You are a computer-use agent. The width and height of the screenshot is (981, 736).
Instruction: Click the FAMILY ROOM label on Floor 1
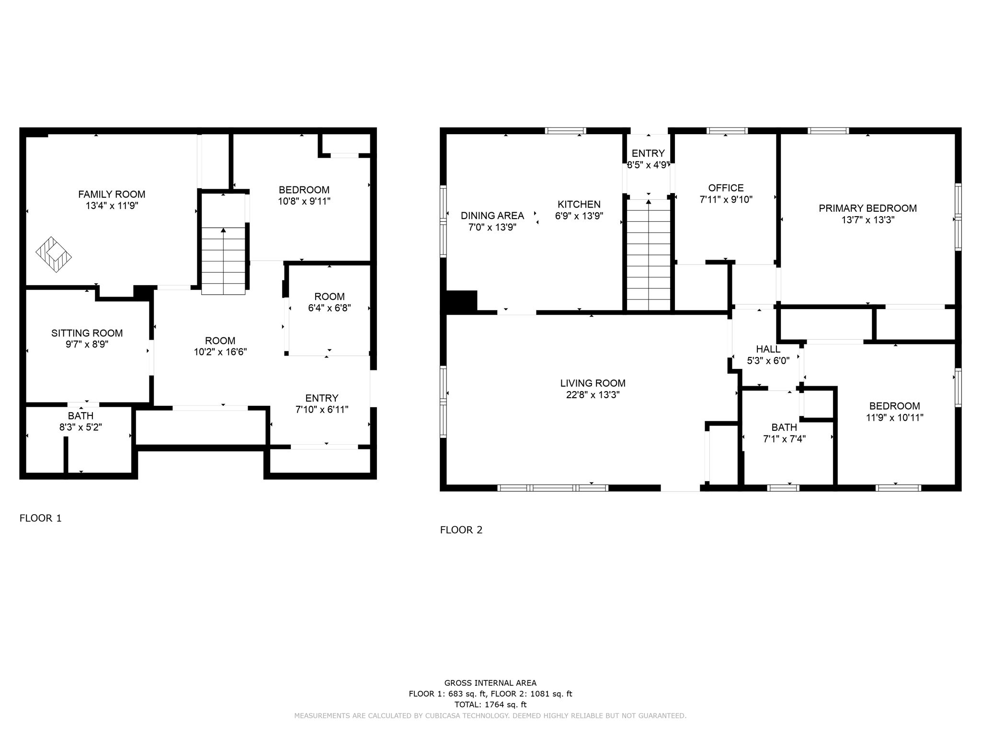point(112,194)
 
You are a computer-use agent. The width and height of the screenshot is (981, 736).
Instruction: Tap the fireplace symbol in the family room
point(54,255)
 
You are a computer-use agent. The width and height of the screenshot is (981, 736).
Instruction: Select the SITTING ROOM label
point(87,333)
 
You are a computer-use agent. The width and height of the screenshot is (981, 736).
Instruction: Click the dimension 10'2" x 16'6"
point(220,352)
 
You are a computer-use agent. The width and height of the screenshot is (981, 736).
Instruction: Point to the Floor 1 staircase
point(223,261)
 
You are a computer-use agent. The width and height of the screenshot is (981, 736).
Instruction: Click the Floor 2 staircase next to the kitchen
point(648,256)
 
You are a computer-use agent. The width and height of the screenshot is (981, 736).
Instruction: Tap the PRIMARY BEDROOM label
point(867,208)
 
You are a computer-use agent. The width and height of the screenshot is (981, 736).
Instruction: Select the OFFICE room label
point(726,188)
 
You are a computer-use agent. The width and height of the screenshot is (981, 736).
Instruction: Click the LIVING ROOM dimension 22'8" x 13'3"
point(593,395)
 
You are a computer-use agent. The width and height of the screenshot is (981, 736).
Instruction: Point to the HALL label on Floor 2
point(768,349)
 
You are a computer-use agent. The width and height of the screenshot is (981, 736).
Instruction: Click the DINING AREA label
point(492,216)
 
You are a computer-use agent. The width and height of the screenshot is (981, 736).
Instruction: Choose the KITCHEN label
point(579,205)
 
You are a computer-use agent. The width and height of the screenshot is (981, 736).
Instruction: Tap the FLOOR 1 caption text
point(40,518)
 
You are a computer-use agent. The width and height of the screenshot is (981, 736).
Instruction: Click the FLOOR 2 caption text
point(461,530)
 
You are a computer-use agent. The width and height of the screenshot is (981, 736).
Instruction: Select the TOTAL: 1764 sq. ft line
point(490,704)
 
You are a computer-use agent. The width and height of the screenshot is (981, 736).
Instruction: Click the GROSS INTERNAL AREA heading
point(490,683)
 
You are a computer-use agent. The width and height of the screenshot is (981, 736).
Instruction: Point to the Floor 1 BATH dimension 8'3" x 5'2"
point(80,427)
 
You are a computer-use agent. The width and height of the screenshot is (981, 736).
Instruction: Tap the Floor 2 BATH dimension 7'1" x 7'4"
point(784,439)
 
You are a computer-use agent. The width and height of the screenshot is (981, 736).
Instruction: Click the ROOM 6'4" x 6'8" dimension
point(329,308)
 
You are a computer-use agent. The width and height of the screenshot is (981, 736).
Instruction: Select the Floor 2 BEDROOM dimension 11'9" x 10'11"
point(894,418)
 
